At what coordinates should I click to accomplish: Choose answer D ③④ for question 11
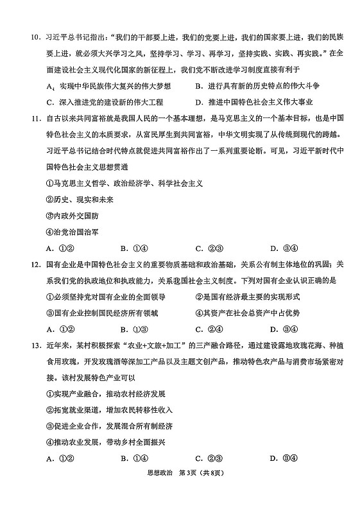tap(282, 248)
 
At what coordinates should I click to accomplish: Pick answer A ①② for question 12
tap(58, 329)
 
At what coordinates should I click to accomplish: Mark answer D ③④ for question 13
tap(282, 458)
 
